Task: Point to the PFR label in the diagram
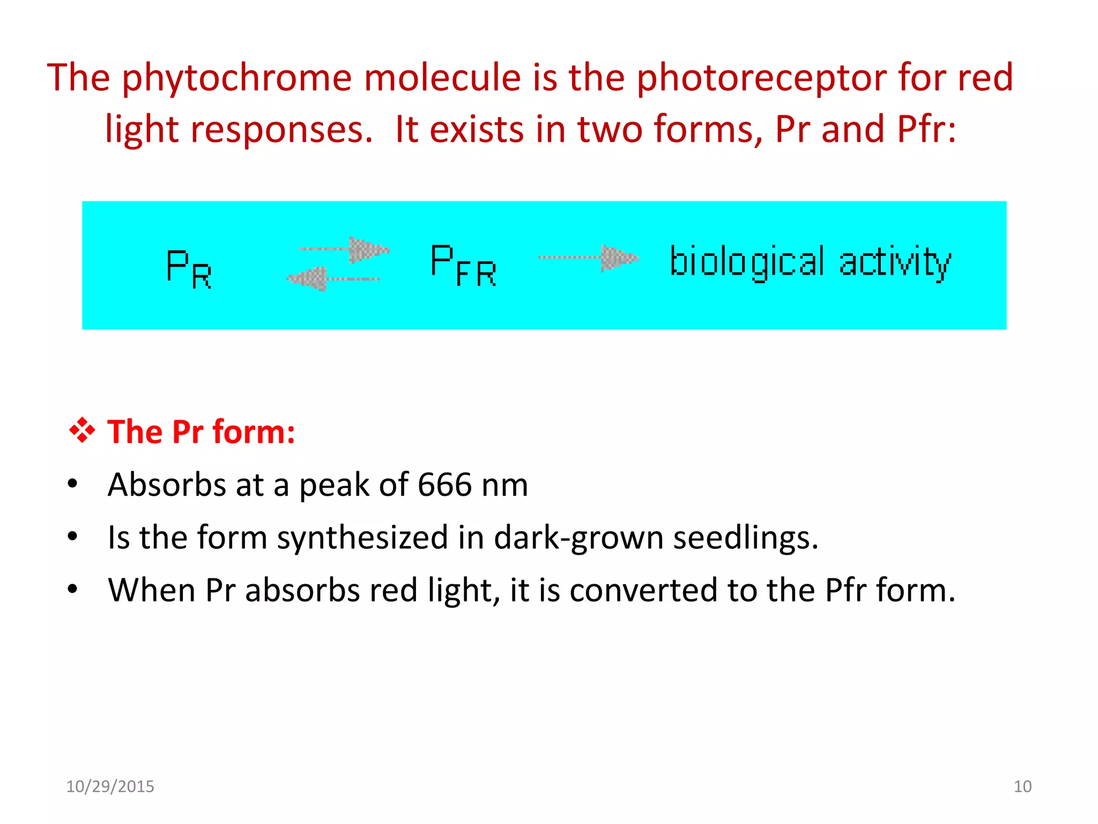463,265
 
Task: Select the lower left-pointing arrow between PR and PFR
332,278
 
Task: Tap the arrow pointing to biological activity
588,258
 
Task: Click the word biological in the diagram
747,262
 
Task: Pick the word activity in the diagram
895,262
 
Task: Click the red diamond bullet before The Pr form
82,431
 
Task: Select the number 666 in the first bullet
444,484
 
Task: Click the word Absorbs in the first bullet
166,484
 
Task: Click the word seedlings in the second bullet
745,538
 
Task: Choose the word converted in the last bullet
643,590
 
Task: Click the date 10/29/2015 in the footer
110,786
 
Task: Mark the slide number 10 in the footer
1022,786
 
